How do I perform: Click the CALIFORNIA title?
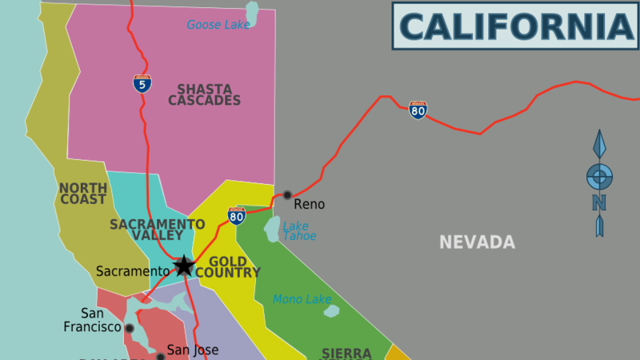(x=516, y=26)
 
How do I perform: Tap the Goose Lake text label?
(x=218, y=25)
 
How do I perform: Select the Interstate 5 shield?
(x=142, y=82)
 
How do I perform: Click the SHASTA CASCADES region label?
(x=204, y=94)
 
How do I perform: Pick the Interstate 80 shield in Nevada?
(x=418, y=110)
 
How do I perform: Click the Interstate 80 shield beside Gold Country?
(x=236, y=215)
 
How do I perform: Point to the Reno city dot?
(x=287, y=194)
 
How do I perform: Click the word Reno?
(x=310, y=205)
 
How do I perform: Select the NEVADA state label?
(x=477, y=242)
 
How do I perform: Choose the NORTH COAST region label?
(x=82, y=194)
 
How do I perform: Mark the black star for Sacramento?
(x=184, y=266)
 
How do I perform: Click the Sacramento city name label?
(x=133, y=271)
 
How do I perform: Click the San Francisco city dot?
(x=130, y=328)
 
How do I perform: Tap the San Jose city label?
(x=193, y=350)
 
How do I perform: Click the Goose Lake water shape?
(x=254, y=13)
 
